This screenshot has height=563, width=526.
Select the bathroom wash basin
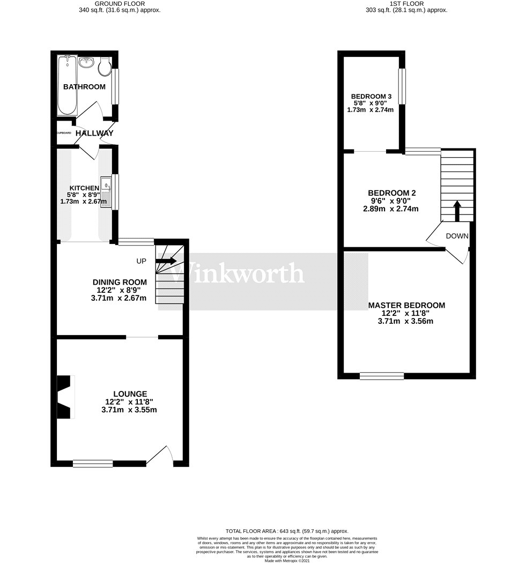[86, 63]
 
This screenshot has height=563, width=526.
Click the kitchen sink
[106, 187]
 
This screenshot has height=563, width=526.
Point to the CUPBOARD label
[64, 133]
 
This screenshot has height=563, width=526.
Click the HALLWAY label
[94, 133]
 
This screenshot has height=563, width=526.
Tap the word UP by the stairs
[142, 261]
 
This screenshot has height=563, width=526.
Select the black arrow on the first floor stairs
[457, 211]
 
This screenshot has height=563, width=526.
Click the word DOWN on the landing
[457, 236]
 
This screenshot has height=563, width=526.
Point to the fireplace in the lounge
[65, 397]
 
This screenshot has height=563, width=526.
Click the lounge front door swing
[161, 456]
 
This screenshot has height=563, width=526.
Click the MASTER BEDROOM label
[406, 306]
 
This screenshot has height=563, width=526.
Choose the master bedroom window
[381, 376]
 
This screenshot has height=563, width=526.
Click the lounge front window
[93, 463]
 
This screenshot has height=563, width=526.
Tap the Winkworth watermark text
[237, 273]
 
